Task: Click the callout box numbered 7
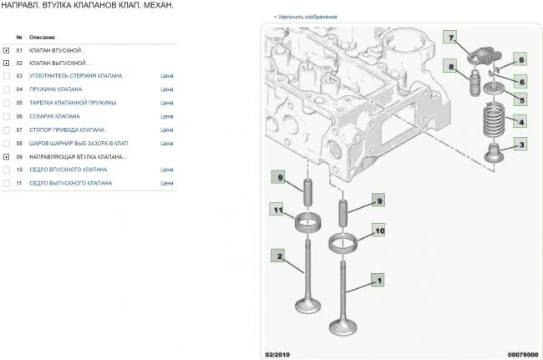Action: point(449,38)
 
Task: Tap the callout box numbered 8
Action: point(450,66)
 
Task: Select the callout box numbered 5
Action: point(520,100)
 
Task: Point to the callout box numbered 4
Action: point(520,121)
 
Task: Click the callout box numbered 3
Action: point(520,145)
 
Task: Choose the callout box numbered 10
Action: point(379,231)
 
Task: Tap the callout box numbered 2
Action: point(278,256)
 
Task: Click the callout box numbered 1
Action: point(378,280)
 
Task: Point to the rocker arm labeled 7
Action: point(485,57)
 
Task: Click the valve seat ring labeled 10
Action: point(343,243)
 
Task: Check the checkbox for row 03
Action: point(7,76)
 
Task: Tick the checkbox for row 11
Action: point(7,184)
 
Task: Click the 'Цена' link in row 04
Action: point(166,89)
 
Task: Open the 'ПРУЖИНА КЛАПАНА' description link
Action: point(56,89)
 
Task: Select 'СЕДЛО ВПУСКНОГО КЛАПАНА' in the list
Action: point(69,170)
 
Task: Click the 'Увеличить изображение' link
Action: point(307,17)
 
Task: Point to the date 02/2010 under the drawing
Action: point(277,354)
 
